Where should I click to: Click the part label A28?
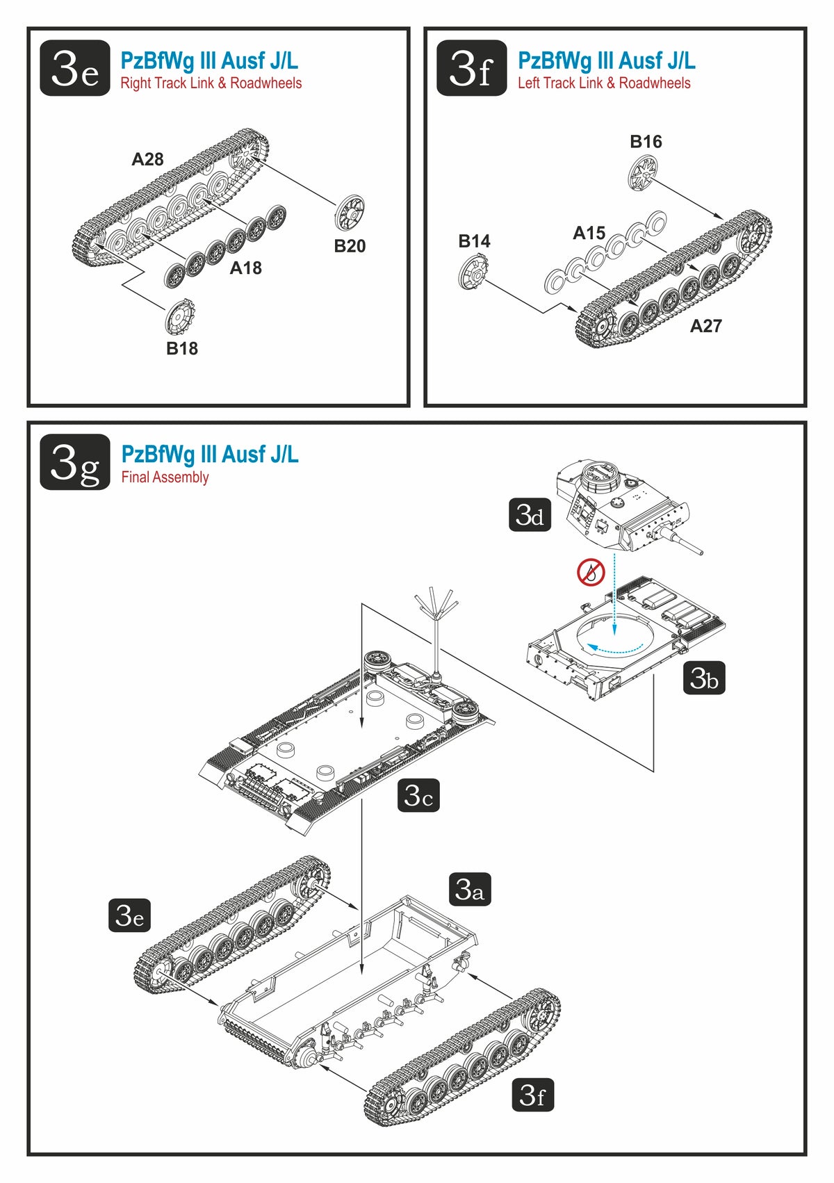147,159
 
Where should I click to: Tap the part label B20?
350,246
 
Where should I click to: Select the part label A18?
246,268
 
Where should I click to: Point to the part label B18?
182,349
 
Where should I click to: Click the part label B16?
646,142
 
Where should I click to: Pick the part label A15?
589,233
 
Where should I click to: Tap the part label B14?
474,241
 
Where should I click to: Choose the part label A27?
705,326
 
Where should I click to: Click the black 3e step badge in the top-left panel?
74,68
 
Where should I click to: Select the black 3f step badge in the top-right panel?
471,68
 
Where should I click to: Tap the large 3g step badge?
74,462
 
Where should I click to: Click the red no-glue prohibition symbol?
591,573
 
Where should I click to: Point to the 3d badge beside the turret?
530,515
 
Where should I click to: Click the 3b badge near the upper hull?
704,677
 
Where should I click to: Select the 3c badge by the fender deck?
418,795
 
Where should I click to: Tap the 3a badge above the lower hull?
470,889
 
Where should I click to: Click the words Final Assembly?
165,478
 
